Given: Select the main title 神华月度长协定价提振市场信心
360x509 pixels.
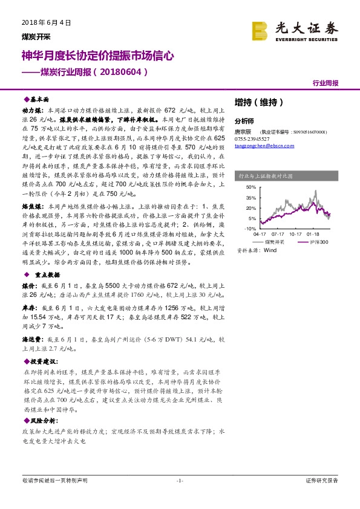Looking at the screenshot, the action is coord(98,56).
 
